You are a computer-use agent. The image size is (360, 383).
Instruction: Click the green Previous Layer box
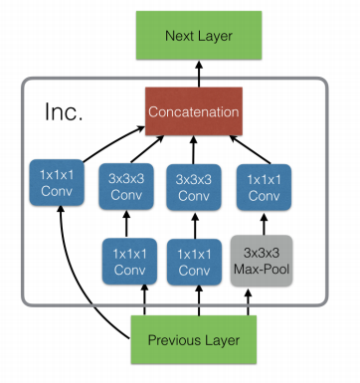(195, 340)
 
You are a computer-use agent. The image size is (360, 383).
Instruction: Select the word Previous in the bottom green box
(173, 340)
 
